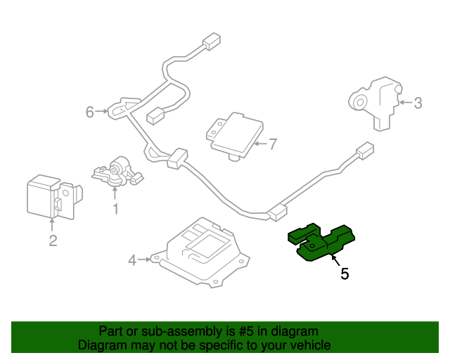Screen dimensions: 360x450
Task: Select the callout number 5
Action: pos(345,274)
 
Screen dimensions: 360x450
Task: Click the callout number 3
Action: pos(418,104)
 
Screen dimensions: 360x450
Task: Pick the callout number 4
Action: pos(132,261)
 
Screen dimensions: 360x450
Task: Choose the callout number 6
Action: pos(89,112)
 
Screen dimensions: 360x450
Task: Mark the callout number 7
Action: pos(273,144)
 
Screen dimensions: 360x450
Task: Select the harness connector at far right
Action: pos(365,151)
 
